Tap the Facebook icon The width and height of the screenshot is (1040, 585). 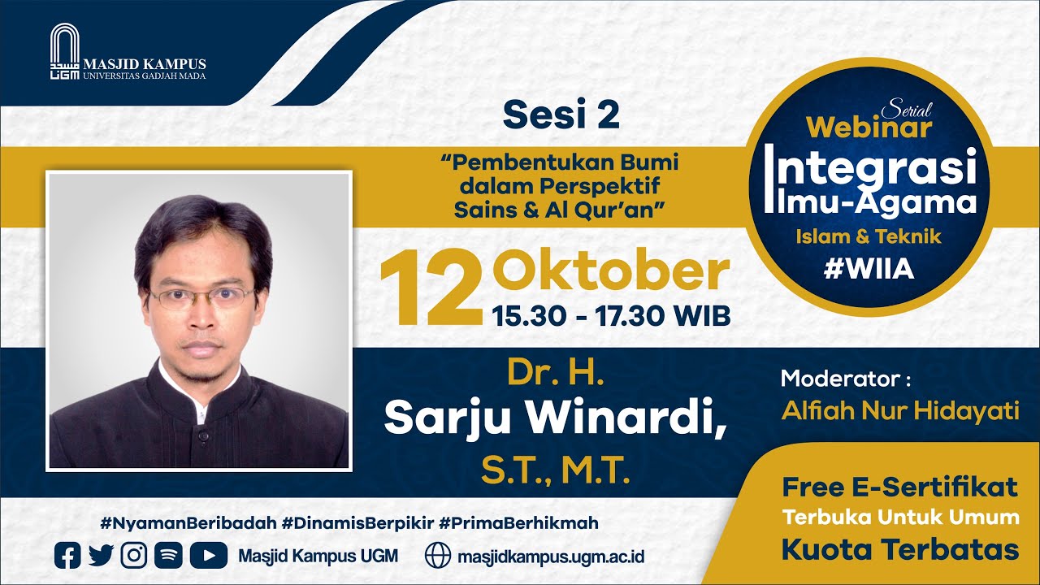click(67, 555)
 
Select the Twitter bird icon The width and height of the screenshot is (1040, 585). click(101, 555)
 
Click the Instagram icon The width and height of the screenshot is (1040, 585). click(133, 555)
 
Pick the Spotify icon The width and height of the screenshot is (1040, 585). click(167, 555)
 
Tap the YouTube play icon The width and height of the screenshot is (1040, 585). click(208, 555)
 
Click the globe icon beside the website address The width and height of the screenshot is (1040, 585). click(437, 555)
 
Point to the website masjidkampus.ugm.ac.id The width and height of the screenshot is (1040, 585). click(551, 557)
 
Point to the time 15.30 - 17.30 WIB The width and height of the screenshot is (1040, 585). click(610, 316)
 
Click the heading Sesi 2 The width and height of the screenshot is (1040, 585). click(561, 115)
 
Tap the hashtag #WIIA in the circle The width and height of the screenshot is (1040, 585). click(869, 270)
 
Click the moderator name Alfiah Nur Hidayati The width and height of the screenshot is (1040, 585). click(900, 411)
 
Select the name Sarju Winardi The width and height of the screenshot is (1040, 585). click(555, 418)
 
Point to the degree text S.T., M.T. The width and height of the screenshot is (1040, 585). click(556, 470)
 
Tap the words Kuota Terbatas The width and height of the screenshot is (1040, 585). click(899, 549)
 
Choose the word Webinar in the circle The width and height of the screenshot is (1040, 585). click(869, 128)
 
